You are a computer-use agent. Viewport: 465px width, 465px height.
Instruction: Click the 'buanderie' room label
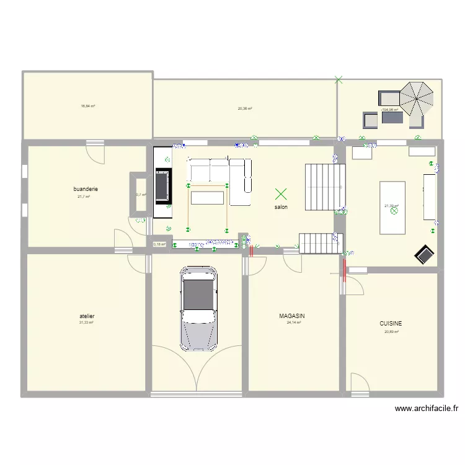[86, 189]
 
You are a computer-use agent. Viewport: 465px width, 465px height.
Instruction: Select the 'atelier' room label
[87, 316]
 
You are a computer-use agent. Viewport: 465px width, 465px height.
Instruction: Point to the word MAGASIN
[292, 316]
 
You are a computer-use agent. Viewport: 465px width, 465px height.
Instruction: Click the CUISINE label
[391, 324]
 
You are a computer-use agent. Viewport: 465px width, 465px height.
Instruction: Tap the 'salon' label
[281, 207]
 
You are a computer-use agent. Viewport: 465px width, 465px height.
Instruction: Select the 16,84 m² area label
[87, 106]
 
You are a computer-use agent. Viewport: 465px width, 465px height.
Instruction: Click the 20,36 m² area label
[245, 108]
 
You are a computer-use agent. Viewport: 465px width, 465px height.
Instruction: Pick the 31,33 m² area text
[86, 322]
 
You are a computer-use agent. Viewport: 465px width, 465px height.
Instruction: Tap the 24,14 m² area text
[293, 322]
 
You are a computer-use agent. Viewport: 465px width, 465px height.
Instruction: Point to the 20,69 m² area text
[391, 332]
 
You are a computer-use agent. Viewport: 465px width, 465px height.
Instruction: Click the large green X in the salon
[281, 194]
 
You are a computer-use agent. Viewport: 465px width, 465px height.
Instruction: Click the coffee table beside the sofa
[207, 198]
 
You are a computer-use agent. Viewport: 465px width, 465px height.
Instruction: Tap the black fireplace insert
[164, 185]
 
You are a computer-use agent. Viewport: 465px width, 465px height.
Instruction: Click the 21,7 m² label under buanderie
[84, 197]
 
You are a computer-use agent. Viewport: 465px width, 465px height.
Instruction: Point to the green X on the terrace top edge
[338, 79]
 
